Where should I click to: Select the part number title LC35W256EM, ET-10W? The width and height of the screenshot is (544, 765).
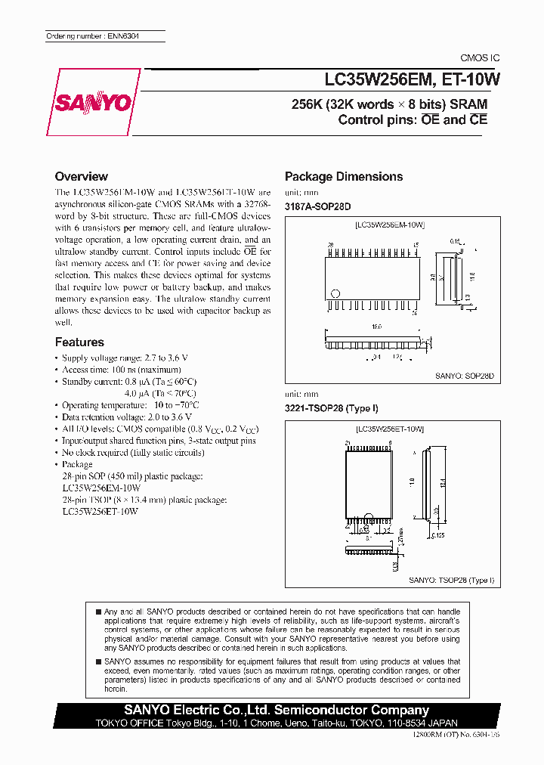tap(406, 79)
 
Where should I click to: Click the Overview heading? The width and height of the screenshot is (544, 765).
tap(82, 176)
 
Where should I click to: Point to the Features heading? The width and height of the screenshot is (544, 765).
tap(79, 342)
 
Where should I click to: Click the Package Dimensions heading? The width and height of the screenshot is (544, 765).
tap(344, 176)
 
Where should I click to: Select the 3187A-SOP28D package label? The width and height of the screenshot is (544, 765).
tap(318, 206)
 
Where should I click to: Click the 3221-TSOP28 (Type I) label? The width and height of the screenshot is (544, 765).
tap(331, 408)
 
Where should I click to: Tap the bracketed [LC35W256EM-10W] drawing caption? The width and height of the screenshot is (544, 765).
tap(390, 225)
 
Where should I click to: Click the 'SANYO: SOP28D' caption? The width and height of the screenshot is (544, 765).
tap(464, 375)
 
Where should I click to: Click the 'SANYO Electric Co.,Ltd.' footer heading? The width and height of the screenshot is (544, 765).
tap(277, 710)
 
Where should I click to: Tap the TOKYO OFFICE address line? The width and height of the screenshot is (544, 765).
tap(277, 722)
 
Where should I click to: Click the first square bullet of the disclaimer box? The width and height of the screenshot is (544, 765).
tap(99, 611)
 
